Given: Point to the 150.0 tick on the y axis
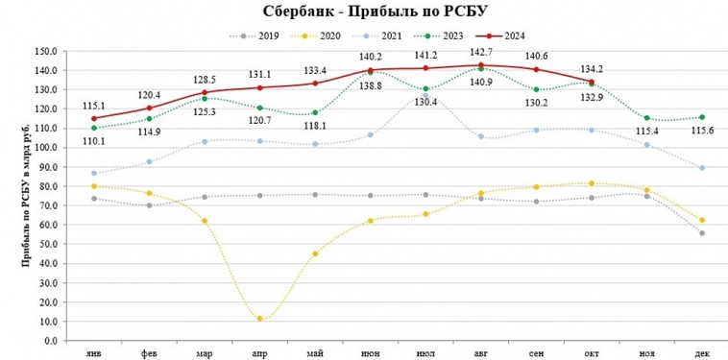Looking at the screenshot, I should pos(44,51).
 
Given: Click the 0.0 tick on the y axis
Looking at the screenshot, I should pos(49,340).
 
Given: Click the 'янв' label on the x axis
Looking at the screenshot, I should pos(94,353).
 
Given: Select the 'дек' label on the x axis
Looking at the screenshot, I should pos(702,353).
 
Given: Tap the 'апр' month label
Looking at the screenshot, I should pos(259,353).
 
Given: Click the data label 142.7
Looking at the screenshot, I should pos(480,52).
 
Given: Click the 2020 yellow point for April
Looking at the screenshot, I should pos(259,319).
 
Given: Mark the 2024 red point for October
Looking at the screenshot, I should pos(592,83).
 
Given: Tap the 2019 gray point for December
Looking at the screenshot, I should pos(702,233).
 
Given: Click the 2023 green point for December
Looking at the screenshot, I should pos(702,117).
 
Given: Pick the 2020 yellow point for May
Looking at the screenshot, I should pos(315,253).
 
